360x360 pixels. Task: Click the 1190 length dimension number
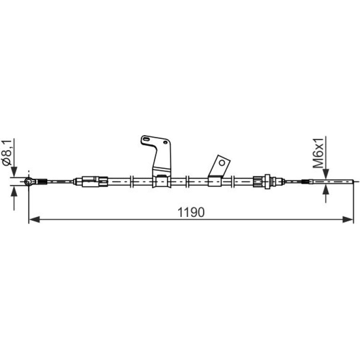[191, 212]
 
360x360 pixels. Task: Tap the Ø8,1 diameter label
[7, 152]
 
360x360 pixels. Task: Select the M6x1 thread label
[319, 153]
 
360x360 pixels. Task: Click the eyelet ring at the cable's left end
[29, 181]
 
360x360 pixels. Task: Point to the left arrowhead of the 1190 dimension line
[35, 219]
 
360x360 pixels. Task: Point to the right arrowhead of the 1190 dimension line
[347, 219]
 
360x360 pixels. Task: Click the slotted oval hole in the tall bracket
[146, 139]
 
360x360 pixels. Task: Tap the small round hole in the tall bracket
[165, 142]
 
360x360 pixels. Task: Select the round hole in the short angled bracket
[222, 163]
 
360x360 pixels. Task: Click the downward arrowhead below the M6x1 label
[326, 173]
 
